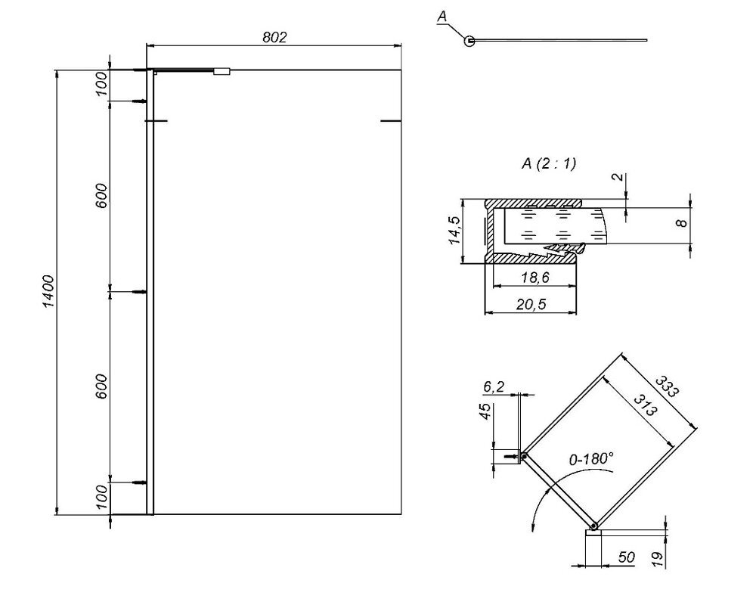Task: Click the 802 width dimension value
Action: click(274, 37)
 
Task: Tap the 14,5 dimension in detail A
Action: click(454, 231)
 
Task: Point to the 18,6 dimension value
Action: click(535, 278)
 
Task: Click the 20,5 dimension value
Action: click(531, 305)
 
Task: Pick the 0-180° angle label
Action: click(591, 458)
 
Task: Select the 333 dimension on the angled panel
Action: click(666, 386)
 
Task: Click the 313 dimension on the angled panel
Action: click(645, 405)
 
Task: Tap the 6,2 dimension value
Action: click(493, 386)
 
